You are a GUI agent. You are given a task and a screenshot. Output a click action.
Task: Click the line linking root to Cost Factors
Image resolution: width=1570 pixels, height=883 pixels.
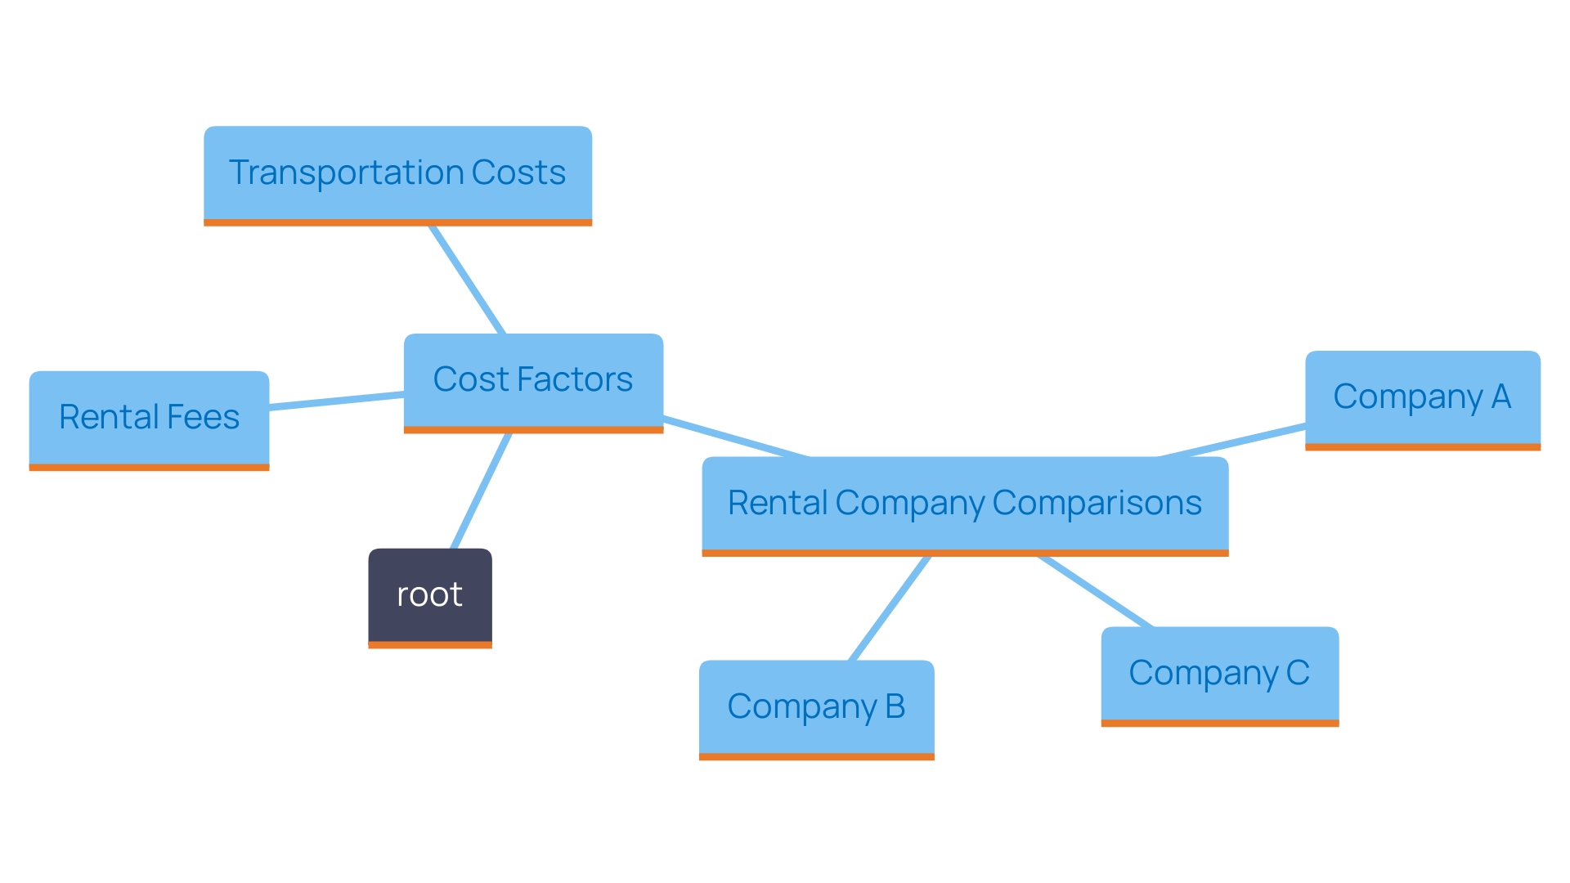(481, 491)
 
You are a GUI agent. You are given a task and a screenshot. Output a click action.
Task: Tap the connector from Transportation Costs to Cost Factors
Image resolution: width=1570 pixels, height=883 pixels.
(467, 280)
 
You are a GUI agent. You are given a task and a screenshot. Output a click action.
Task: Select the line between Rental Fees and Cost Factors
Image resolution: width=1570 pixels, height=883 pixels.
(336, 401)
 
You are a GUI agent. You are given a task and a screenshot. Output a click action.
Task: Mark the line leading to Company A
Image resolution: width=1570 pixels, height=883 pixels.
(1233, 441)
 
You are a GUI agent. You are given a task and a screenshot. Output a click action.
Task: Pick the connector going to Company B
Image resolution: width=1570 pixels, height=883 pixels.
(890, 608)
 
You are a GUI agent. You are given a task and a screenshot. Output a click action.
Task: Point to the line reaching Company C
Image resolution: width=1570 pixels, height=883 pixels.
(1096, 592)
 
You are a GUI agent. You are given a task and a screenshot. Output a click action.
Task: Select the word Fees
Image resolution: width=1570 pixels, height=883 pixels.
(203, 417)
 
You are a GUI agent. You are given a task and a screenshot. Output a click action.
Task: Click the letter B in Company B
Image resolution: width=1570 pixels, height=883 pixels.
(895, 706)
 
